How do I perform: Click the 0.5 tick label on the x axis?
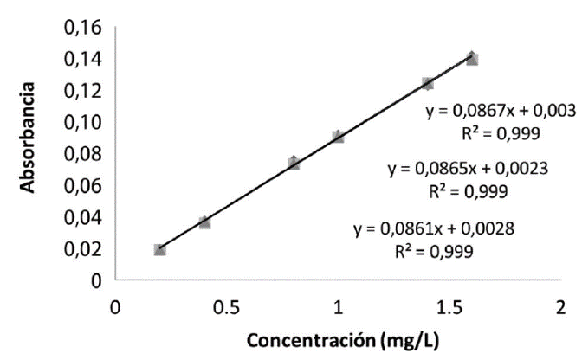[x=226, y=307]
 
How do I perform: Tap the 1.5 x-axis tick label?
[x=449, y=307]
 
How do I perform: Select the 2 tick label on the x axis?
[x=560, y=307]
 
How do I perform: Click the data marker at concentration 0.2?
[x=159, y=249]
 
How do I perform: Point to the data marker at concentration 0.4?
[x=204, y=222]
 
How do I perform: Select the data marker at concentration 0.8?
[x=294, y=163]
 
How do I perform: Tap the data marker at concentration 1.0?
[x=338, y=137]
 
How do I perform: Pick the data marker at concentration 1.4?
[x=427, y=83]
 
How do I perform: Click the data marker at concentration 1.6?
[x=472, y=58]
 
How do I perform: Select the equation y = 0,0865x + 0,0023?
[x=467, y=170]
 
